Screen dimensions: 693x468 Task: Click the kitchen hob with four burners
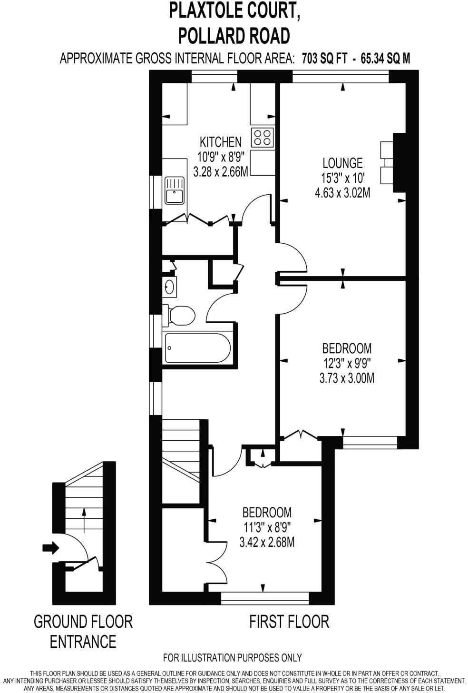click(263, 138)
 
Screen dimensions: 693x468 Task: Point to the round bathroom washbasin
click(170, 287)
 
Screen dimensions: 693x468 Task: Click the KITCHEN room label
click(220, 142)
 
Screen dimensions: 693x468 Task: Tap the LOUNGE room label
click(342, 163)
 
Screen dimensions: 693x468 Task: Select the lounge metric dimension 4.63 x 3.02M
click(342, 193)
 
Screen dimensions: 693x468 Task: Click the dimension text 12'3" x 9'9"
click(346, 363)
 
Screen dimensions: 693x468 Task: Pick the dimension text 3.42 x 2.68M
click(267, 542)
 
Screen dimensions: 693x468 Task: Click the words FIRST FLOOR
click(289, 621)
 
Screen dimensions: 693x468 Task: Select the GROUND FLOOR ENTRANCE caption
click(83, 631)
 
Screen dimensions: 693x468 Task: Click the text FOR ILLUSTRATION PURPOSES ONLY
click(232, 658)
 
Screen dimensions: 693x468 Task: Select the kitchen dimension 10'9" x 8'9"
click(220, 157)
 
